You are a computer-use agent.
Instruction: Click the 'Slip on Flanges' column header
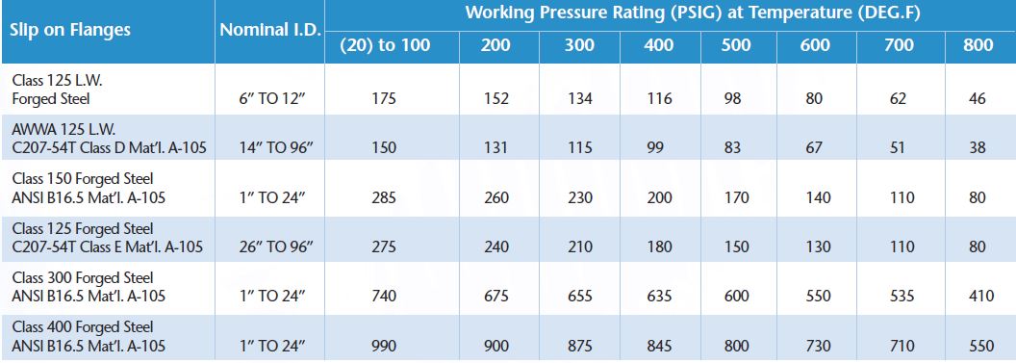point(70,30)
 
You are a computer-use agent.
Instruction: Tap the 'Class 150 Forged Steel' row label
point(83,179)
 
